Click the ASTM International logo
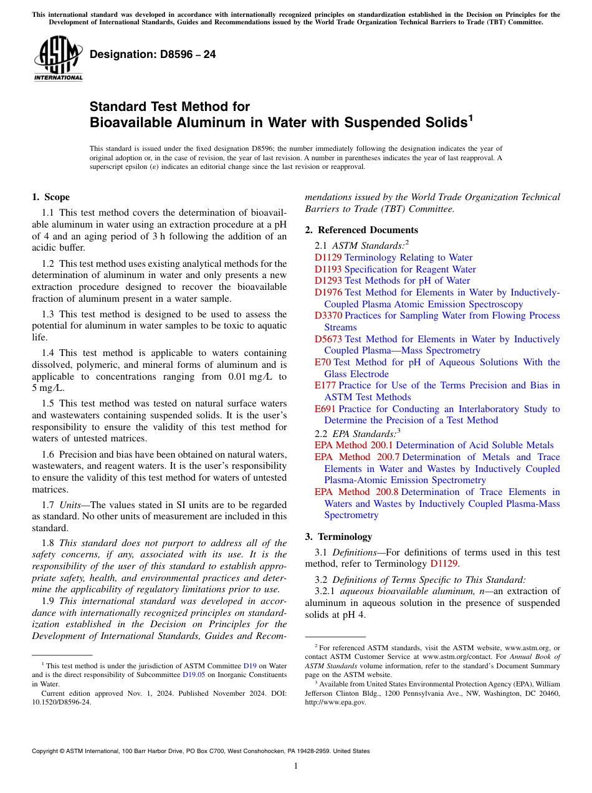(x=58, y=59)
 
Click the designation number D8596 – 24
(x=153, y=54)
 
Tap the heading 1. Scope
(x=50, y=197)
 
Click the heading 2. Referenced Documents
(x=361, y=230)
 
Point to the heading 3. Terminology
(x=338, y=537)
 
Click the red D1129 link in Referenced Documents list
(x=328, y=257)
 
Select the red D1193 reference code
(x=328, y=269)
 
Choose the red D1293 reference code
(x=328, y=281)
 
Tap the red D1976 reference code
(x=328, y=292)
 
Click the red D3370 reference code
(x=328, y=315)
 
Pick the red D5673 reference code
(x=328, y=339)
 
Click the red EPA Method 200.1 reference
(x=353, y=445)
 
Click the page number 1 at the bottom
(x=296, y=766)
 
